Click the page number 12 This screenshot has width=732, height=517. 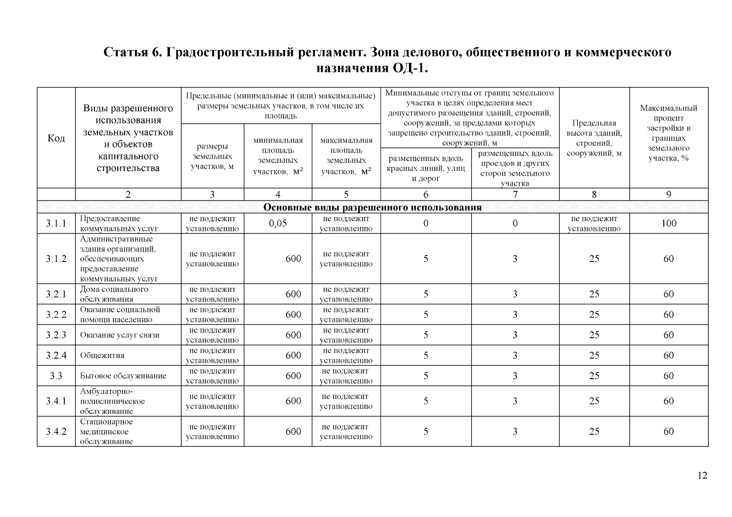pos(702,476)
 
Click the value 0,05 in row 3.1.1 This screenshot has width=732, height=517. pos(277,223)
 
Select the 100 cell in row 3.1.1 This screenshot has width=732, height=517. pos(669,223)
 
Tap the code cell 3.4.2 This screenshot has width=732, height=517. pos(56,431)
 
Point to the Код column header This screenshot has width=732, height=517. pos(56,138)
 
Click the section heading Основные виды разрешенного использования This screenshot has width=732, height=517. pos(372,208)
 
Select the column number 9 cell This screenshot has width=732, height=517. pos(669,194)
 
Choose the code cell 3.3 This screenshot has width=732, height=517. pos(56,376)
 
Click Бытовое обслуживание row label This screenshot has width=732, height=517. pos(123,376)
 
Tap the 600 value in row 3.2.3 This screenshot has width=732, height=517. pos(293,335)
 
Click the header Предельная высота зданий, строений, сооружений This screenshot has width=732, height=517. pos(594,138)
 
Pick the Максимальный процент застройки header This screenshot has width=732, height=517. pos(669,133)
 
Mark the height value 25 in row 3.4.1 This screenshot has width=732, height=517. pos(594,401)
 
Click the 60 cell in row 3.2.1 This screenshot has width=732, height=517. pos(669,294)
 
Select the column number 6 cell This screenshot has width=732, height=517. pos(426,194)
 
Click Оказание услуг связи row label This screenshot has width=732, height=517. pos(119,335)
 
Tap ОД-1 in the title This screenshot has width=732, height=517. pos(409,69)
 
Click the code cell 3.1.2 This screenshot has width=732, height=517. pos(56,258)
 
